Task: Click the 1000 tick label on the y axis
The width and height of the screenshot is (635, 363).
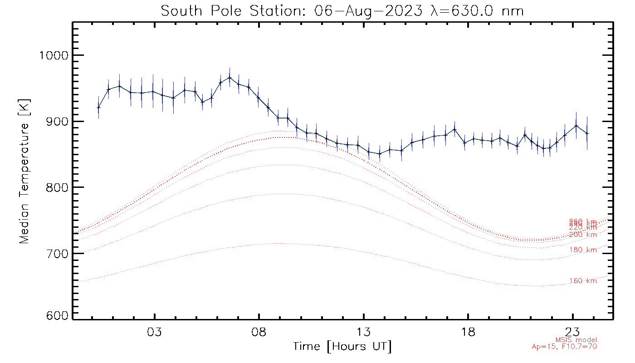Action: click(54, 55)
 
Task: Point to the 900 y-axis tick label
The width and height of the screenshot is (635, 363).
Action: click(57, 121)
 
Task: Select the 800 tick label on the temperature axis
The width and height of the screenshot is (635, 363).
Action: click(57, 187)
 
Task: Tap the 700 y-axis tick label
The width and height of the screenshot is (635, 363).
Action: click(57, 253)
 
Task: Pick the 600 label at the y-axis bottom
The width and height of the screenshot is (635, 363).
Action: click(57, 316)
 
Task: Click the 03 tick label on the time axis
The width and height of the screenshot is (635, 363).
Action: click(155, 332)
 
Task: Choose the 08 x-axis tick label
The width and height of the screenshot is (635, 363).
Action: click(259, 332)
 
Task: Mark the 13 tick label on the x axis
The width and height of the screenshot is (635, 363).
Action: click(364, 332)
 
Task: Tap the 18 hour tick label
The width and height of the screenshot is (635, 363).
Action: click(468, 332)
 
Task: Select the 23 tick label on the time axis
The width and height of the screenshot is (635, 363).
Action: click(573, 332)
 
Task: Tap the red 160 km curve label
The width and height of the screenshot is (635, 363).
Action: click(583, 281)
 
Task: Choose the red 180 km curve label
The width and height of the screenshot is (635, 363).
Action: click(583, 250)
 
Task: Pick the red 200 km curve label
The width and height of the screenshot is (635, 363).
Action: click(583, 235)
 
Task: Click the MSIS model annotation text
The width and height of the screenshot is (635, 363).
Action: click(576, 340)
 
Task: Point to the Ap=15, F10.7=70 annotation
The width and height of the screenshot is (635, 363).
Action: click(564, 347)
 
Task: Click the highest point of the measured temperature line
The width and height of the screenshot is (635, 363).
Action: click(230, 77)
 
